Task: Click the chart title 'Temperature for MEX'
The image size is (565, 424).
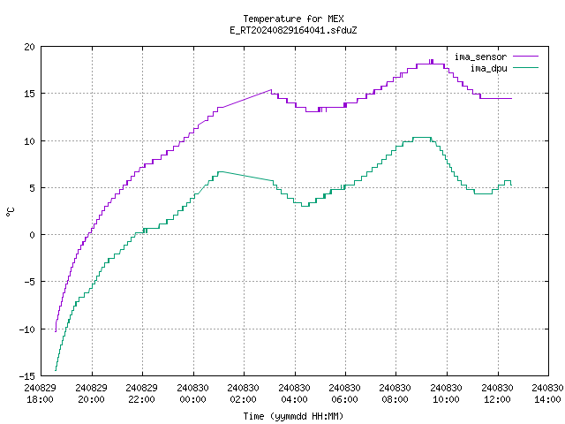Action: point(293,19)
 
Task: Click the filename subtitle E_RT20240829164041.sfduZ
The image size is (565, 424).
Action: point(293,30)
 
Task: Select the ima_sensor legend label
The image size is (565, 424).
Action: point(480,57)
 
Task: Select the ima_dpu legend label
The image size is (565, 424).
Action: point(488,68)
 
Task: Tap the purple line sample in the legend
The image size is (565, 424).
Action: point(525,57)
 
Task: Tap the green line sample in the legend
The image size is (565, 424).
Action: point(525,67)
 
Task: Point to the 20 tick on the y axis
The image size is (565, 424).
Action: point(29,47)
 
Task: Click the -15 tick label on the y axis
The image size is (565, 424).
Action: point(27,376)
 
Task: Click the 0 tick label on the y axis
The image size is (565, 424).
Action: point(32,235)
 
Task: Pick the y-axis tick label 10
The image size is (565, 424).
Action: point(29,141)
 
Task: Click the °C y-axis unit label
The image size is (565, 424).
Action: point(10,212)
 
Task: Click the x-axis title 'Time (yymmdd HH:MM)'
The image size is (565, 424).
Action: point(293,416)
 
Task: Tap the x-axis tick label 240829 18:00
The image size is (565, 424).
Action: point(41,394)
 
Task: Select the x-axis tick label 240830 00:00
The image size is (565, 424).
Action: point(192,394)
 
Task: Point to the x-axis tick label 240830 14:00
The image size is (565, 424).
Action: point(547,394)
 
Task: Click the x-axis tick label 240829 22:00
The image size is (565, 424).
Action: point(141,394)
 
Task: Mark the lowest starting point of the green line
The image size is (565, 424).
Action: point(56,370)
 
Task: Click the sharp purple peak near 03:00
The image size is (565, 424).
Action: point(271,90)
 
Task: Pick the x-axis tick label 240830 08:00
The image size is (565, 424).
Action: point(395,394)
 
